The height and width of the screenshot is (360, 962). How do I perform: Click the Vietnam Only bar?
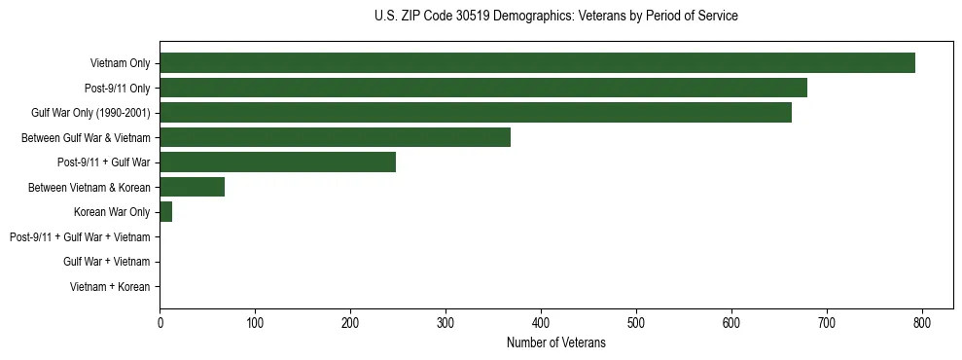[537, 63]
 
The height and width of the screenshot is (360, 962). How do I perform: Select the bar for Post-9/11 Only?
[483, 88]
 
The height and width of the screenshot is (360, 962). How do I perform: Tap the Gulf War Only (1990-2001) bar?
[476, 113]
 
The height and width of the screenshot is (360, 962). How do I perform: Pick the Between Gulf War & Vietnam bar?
[335, 137]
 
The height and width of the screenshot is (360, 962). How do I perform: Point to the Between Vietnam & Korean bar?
[192, 187]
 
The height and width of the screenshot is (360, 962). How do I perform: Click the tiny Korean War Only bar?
[165, 212]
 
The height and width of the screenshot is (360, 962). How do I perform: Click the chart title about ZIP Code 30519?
[555, 17]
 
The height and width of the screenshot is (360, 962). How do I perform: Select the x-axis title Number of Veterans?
[555, 342]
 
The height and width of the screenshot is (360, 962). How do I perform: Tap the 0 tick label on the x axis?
[160, 322]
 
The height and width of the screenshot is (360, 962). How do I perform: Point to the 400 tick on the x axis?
[541, 322]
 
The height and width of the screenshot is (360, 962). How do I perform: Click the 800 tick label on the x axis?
[922, 322]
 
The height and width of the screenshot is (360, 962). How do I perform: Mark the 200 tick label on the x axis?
[350, 322]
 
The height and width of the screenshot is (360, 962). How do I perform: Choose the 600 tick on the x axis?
[731, 322]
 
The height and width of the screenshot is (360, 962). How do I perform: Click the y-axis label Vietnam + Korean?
[110, 287]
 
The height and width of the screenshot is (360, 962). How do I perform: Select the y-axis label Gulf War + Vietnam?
[106, 262]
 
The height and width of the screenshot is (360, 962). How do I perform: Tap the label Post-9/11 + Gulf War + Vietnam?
[80, 237]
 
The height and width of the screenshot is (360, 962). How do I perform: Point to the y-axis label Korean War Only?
[112, 212]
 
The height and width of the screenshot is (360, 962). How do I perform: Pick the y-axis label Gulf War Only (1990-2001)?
[90, 113]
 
